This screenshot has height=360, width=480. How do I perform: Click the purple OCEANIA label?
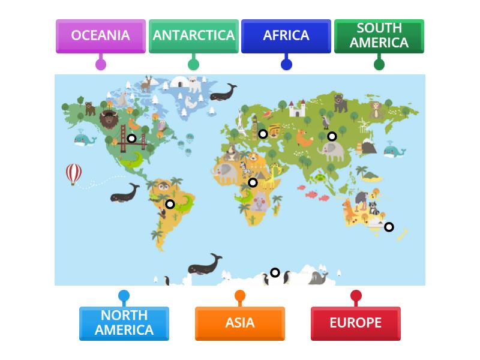pyautogui.click(x=100, y=36)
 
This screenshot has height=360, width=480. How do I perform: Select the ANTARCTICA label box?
pyautogui.click(x=193, y=36)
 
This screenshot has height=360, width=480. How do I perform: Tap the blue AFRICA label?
pyautogui.click(x=286, y=36)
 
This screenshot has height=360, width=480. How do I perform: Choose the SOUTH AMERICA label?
pyautogui.click(x=379, y=36)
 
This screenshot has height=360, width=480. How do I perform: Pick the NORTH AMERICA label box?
pyautogui.click(x=124, y=323)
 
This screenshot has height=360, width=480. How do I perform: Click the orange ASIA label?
pyautogui.click(x=239, y=323)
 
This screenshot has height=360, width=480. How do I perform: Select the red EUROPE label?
pyautogui.click(x=355, y=323)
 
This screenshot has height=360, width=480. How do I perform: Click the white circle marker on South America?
pyautogui.click(x=170, y=205)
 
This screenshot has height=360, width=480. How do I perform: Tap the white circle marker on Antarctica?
pyautogui.click(x=275, y=273)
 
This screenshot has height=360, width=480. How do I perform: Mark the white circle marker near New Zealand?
pyautogui.click(x=389, y=227)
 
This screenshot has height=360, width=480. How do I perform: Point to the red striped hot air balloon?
pyautogui.click(x=74, y=174)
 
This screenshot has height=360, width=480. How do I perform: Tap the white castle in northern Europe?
pyautogui.click(x=297, y=109)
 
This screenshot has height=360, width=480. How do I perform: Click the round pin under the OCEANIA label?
pyautogui.click(x=101, y=64)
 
